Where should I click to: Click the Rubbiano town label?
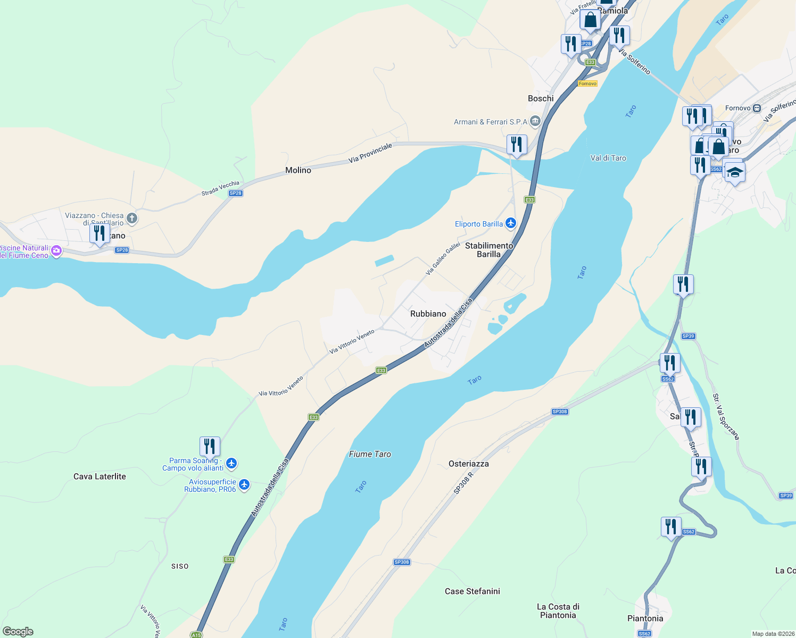coord(428,314)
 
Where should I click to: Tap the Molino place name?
coord(298,170)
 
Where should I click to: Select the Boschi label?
coord(541,98)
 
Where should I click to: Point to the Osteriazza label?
coord(468,464)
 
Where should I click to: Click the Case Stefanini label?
coord(472,591)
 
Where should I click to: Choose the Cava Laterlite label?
coord(99,476)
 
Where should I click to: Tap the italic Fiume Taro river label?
coord(370,454)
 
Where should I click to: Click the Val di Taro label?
coord(608,158)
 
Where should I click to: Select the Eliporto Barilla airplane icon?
coord(511,223)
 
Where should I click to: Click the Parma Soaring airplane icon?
coord(231,464)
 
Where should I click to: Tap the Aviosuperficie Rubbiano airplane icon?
coord(244,484)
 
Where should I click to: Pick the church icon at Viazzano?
coord(132,218)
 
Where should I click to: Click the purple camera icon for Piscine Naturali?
coord(56,250)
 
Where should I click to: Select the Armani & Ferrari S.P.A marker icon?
coord(535,121)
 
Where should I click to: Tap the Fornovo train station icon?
coord(757,108)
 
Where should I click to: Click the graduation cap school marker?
coord(734,172)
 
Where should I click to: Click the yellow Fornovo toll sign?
coord(587,83)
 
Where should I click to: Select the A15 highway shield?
coord(196,635)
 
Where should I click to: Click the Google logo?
coord(18,632)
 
